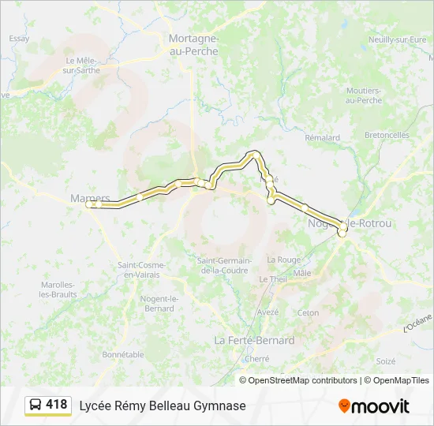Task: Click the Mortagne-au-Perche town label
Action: (x=193, y=43)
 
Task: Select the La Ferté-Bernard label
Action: (x=254, y=340)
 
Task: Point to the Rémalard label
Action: (x=322, y=137)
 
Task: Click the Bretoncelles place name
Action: (x=387, y=135)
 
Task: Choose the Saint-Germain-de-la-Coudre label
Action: (x=224, y=265)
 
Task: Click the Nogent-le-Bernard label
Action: (x=158, y=303)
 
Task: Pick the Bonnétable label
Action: (x=122, y=354)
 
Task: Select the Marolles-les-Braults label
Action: (x=56, y=290)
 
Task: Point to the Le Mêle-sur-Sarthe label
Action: (x=80, y=65)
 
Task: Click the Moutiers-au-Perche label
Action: (x=364, y=95)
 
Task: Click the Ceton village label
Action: (x=308, y=312)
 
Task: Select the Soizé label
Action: (x=385, y=361)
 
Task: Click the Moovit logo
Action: (x=374, y=406)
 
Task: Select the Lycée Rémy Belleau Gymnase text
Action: (x=162, y=405)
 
